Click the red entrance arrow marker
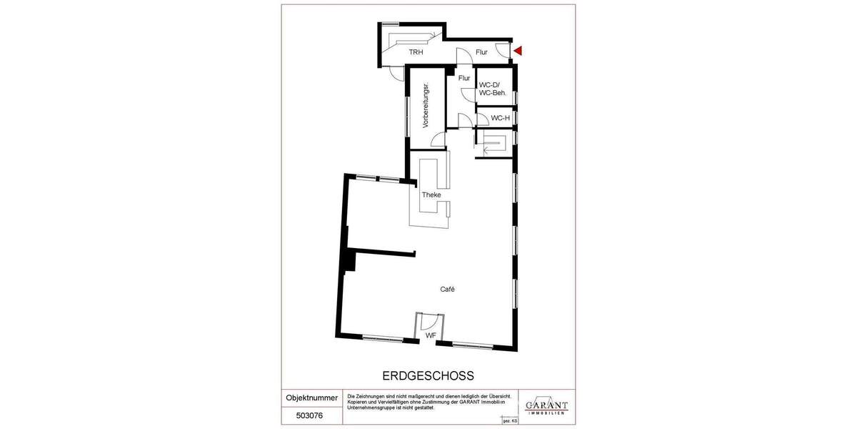point(519,51)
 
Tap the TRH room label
point(415,52)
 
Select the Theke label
point(431,194)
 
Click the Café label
point(448,290)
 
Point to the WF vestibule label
point(431,335)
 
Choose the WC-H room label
point(500,119)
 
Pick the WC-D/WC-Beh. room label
point(493,89)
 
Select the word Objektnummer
point(312,398)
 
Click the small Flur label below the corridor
point(464,77)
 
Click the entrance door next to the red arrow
point(503,51)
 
